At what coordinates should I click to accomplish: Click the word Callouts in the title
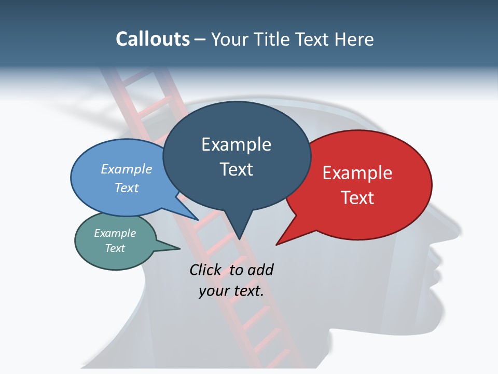[x=153, y=39]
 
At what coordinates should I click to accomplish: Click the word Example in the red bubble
[x=357, y=173]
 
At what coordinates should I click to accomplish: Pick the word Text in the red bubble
[x=357, y=197]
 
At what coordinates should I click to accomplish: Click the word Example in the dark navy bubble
[x=236, y=144]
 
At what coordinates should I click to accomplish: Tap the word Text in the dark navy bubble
[x=236, y=169]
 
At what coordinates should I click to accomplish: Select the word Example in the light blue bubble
[x=127, y=169]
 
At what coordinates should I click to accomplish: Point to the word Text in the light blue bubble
[x=127, y=188]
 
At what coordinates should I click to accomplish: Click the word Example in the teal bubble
[x=115, y=233]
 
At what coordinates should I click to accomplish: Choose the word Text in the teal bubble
[x=115, y=248]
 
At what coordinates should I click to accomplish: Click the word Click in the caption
[x=206, y=270]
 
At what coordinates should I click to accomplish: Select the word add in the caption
[x=260, y=270]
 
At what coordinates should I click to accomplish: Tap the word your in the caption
[x=214, y=291]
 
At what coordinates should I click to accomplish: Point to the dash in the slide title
[x=201, y=39]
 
